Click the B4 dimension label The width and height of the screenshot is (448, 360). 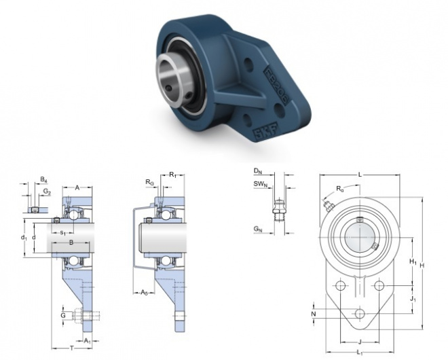pos(43,180)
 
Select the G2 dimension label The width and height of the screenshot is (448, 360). pos(46,192)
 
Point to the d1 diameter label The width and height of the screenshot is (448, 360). pos(24,237)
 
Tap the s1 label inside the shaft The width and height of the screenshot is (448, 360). pos(63,233)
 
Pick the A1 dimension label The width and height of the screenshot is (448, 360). pos(88,340)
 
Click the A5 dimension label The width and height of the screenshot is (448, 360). pos(144,293)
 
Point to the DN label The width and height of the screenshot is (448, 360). pos(258,170)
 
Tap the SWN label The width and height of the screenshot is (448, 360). pos(259,183)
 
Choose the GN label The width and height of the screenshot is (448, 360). pos(258,230)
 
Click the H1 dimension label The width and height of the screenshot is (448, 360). pos(411,262)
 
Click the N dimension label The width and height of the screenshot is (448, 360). pos(314,314)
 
